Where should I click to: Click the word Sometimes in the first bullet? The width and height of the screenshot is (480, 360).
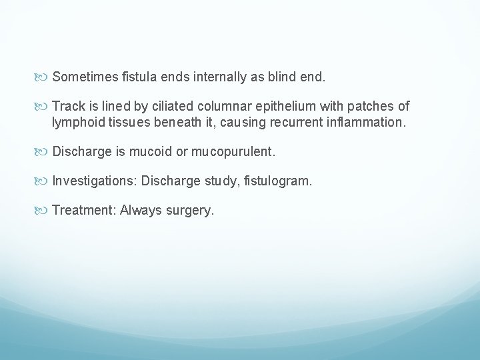click(x=82, y=77)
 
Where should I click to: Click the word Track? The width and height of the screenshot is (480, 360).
click(x=67, y=107)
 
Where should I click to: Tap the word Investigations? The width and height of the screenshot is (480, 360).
click(x=94, y=181)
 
